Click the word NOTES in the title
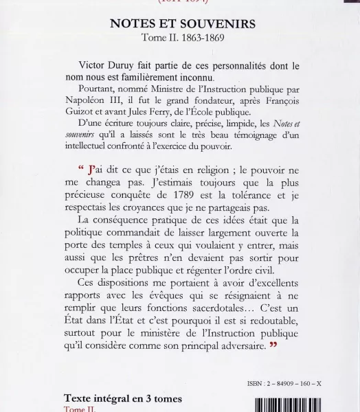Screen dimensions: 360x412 pos(131,24)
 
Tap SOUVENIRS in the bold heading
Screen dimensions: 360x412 pos(213,24)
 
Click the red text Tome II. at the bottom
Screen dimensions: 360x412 pos(76,408)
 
